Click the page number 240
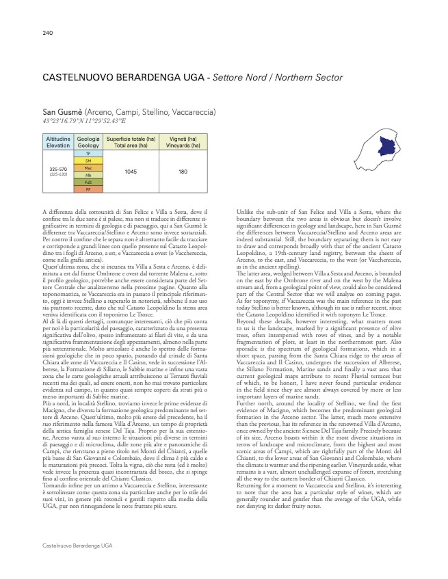click(48, 33)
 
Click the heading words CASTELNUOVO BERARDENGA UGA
click(123, 77)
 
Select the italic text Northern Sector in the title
click(308, 77)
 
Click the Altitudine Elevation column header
click(58, 142)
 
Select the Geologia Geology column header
click(88, 142)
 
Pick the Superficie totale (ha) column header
click(131, 142)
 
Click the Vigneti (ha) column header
click(183, 142)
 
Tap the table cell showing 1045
click(131, 172)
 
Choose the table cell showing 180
click(183, 172)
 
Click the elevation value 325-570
click(58, 169)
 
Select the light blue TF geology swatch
click(88, 153)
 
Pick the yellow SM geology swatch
click(88, 161)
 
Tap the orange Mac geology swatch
click(88, 168)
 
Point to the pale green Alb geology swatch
click(88, 175)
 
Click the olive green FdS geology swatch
click(88, 182)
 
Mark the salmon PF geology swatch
click(88, 189)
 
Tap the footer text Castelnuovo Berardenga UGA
click(78, 554)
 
